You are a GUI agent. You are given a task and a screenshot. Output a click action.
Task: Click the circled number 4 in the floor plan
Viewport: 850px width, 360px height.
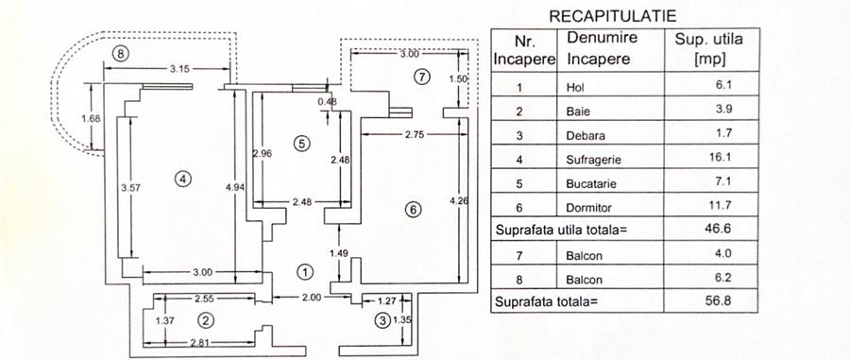coord(183,176)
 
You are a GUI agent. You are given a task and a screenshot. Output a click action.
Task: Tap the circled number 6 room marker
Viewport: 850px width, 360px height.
coord(413,210)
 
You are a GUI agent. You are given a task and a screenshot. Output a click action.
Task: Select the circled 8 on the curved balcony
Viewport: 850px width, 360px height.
coord(118,53)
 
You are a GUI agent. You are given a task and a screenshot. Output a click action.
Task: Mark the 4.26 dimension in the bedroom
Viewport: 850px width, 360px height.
coord(460,199)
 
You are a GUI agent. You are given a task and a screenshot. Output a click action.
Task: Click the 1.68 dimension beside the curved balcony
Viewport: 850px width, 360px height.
coord(91,118)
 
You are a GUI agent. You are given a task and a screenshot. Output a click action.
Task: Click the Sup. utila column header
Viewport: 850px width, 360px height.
coord(708,49)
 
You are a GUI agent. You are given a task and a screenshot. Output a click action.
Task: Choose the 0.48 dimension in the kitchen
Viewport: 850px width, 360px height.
coord(328,101)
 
